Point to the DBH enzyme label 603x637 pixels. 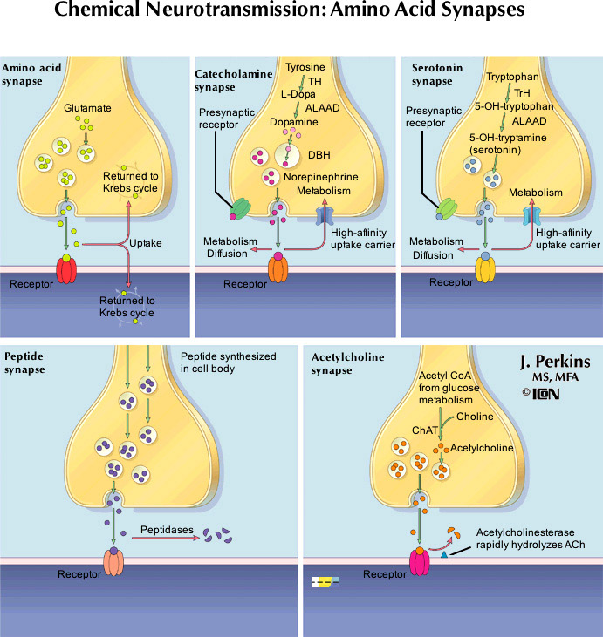(319, 157)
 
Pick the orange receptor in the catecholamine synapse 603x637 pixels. (277, 268)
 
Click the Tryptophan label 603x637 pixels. (512, 76)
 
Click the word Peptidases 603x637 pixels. (164, 528)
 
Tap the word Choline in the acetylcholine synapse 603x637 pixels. (475, 417)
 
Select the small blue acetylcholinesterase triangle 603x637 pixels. (444, 554)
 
